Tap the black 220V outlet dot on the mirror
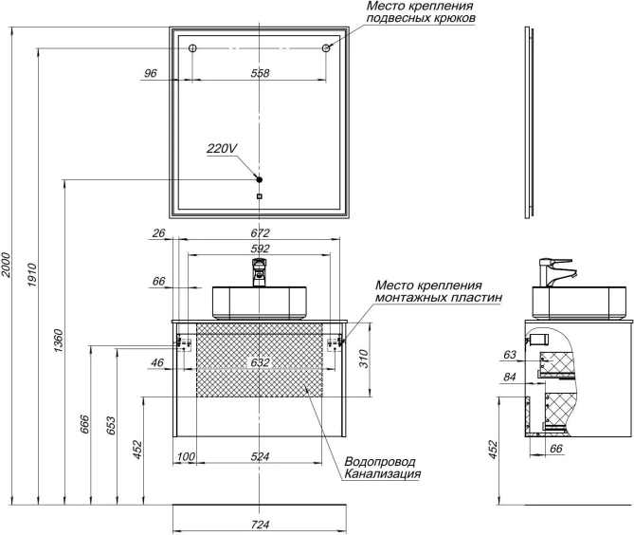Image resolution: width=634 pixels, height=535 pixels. [x=259, y=179]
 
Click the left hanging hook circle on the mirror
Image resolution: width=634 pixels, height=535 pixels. [x=191, y=48]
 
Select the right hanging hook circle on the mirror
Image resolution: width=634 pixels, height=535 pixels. [x=327, y=48]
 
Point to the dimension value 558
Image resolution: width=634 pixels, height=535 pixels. [x=260, y=73]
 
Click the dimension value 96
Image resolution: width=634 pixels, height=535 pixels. [x=151, y=73]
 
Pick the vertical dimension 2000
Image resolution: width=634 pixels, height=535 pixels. [x=8, y=266]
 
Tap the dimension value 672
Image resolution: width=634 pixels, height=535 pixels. [x=260, y=232]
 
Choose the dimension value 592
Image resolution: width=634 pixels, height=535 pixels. [x=260, y=249]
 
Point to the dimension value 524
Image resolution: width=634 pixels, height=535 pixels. [x=260, y=457]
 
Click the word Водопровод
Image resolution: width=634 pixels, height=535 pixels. [x=379, y=460]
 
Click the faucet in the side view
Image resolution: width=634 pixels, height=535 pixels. [x=552, y=271]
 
